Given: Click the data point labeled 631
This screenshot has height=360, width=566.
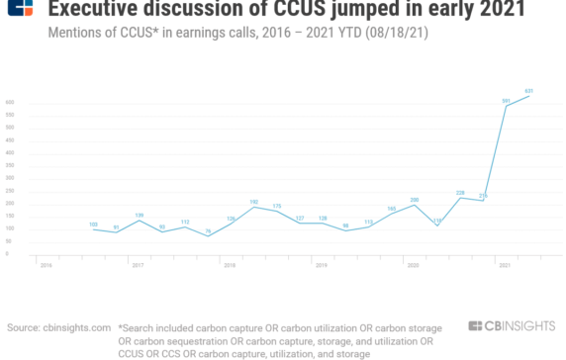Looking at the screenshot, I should coord(529,96).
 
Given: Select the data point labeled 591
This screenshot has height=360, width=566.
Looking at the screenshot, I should coord(507,106).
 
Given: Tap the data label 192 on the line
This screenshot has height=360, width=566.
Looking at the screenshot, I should coord(253,201).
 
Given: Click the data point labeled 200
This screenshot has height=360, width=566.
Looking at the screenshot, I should coord(414,205).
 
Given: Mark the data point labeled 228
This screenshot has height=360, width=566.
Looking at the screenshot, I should coord(460,198).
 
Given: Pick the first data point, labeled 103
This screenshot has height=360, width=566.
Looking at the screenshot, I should coord(94,228).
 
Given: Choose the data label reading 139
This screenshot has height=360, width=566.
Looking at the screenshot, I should coord(140,215).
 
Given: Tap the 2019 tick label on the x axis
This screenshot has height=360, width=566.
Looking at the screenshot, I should coord(321,265).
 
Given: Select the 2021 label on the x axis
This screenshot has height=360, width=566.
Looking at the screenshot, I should coord(505,265).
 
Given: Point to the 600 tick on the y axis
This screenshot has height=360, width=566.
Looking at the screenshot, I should coord(10,103).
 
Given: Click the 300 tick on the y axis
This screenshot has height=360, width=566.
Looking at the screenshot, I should coord(10,179).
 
